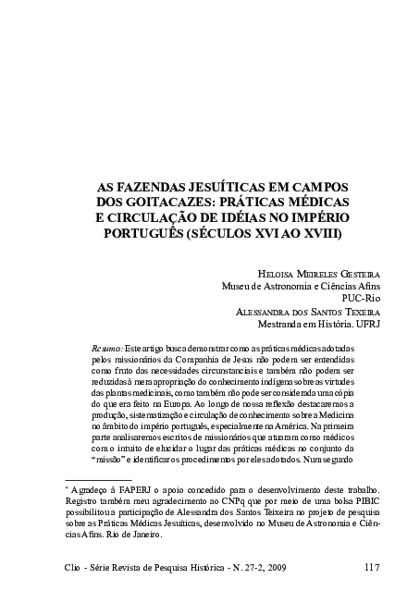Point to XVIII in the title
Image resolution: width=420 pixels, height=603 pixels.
318,235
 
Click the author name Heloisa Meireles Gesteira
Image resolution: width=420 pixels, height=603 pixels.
308,274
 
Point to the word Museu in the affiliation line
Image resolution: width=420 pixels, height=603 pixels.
241,287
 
